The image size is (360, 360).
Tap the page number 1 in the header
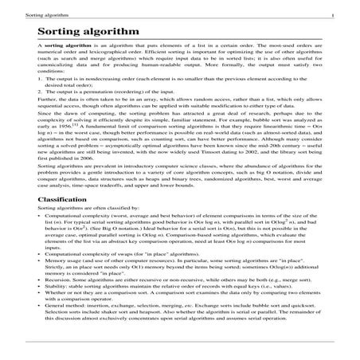click(x=354, y=14)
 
